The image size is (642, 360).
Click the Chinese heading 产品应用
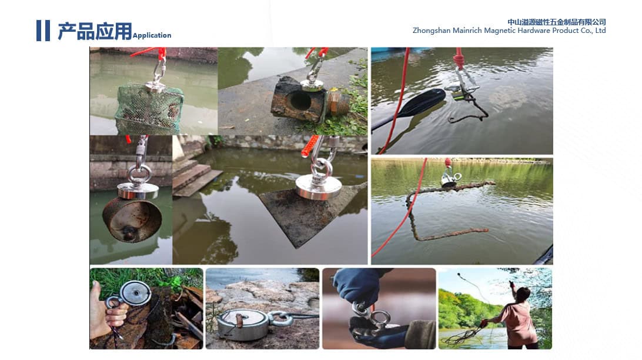click(x=95, y=31)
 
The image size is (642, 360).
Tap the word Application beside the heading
click(x=152, y=36)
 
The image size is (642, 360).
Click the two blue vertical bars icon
click(x=43, y=31)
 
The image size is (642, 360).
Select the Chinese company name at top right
click(x=556, y=22)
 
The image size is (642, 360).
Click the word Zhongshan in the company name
click(x=431, y=31)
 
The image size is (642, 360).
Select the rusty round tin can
click(x=132, y=221)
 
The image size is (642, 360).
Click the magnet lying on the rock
click(x=243, y=324)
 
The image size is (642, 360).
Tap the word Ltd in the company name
click(x=600, y=31)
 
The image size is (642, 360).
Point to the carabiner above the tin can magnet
click(x=142, y=148)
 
